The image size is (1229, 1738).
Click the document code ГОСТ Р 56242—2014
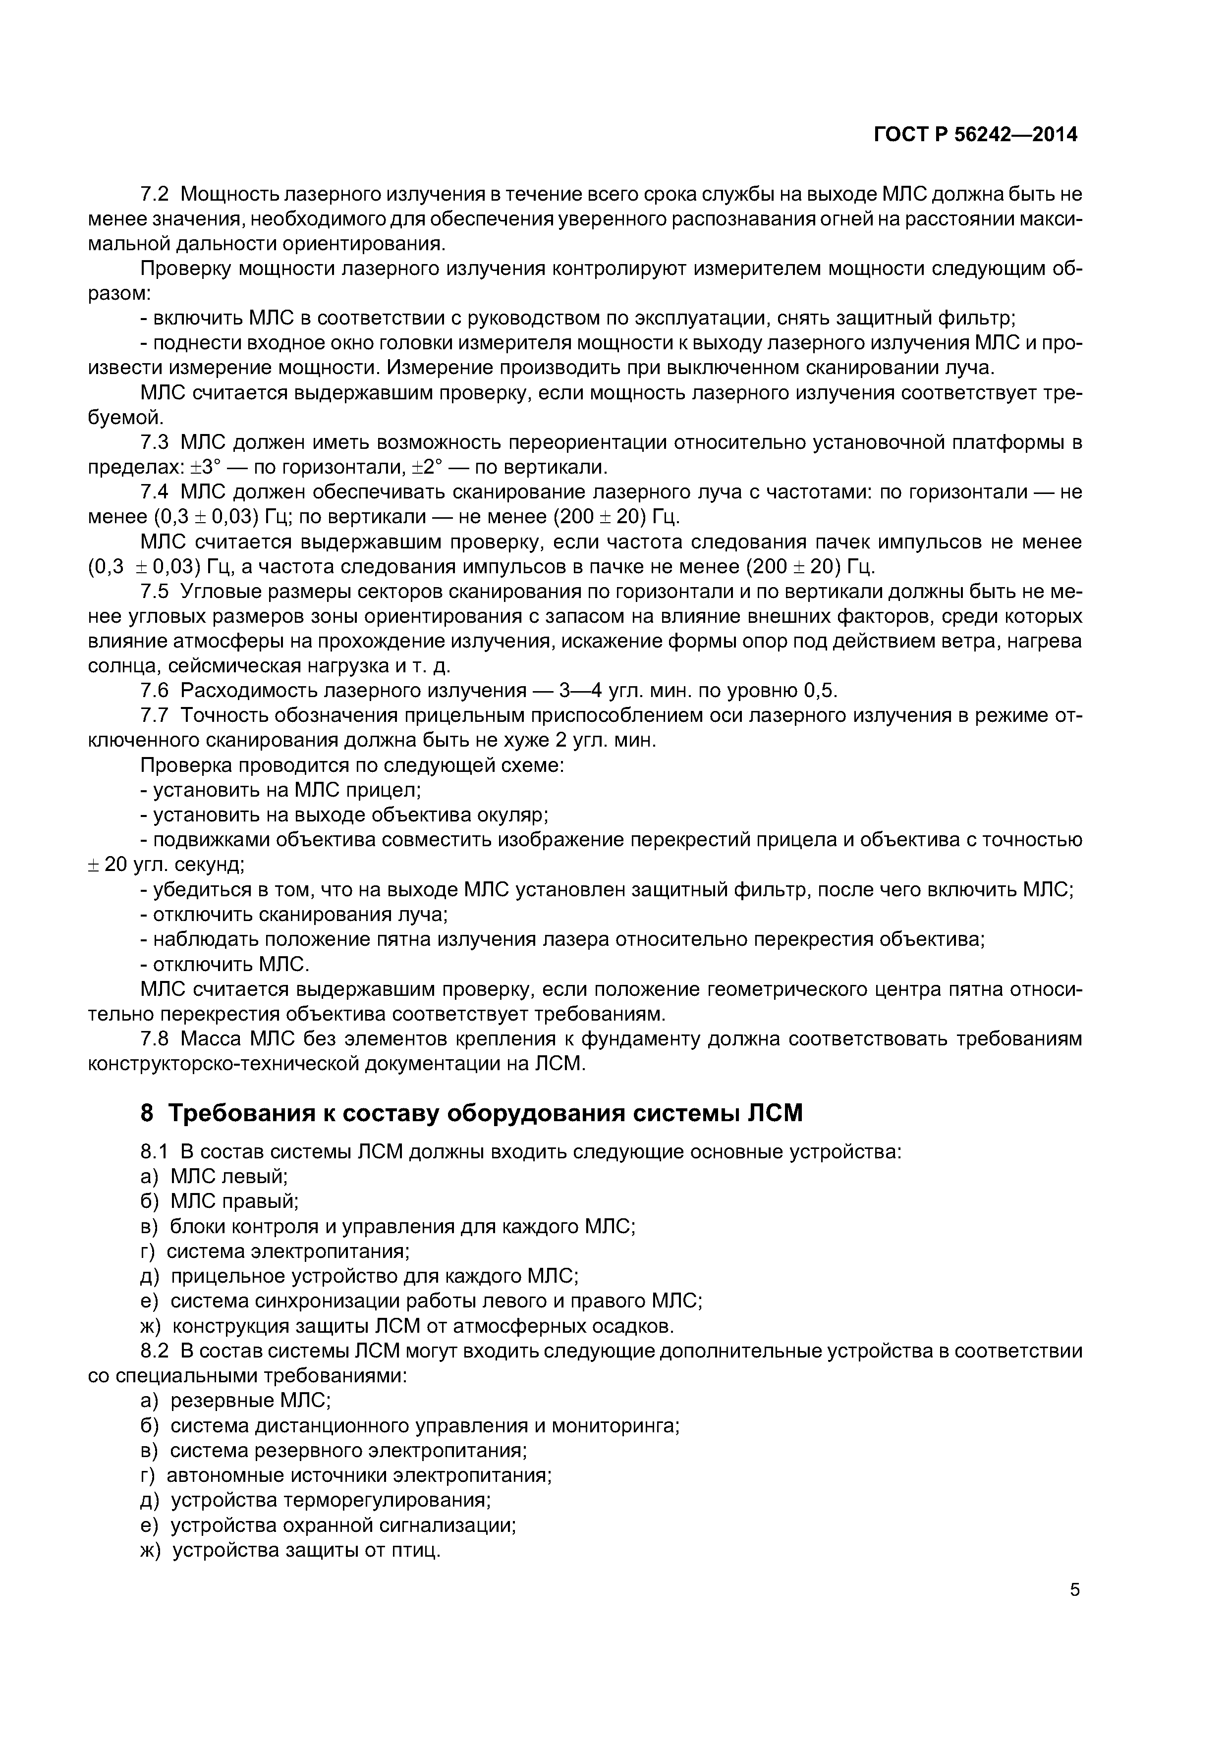(x=975, y=135)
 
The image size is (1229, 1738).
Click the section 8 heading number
(x=147, y=1114)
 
